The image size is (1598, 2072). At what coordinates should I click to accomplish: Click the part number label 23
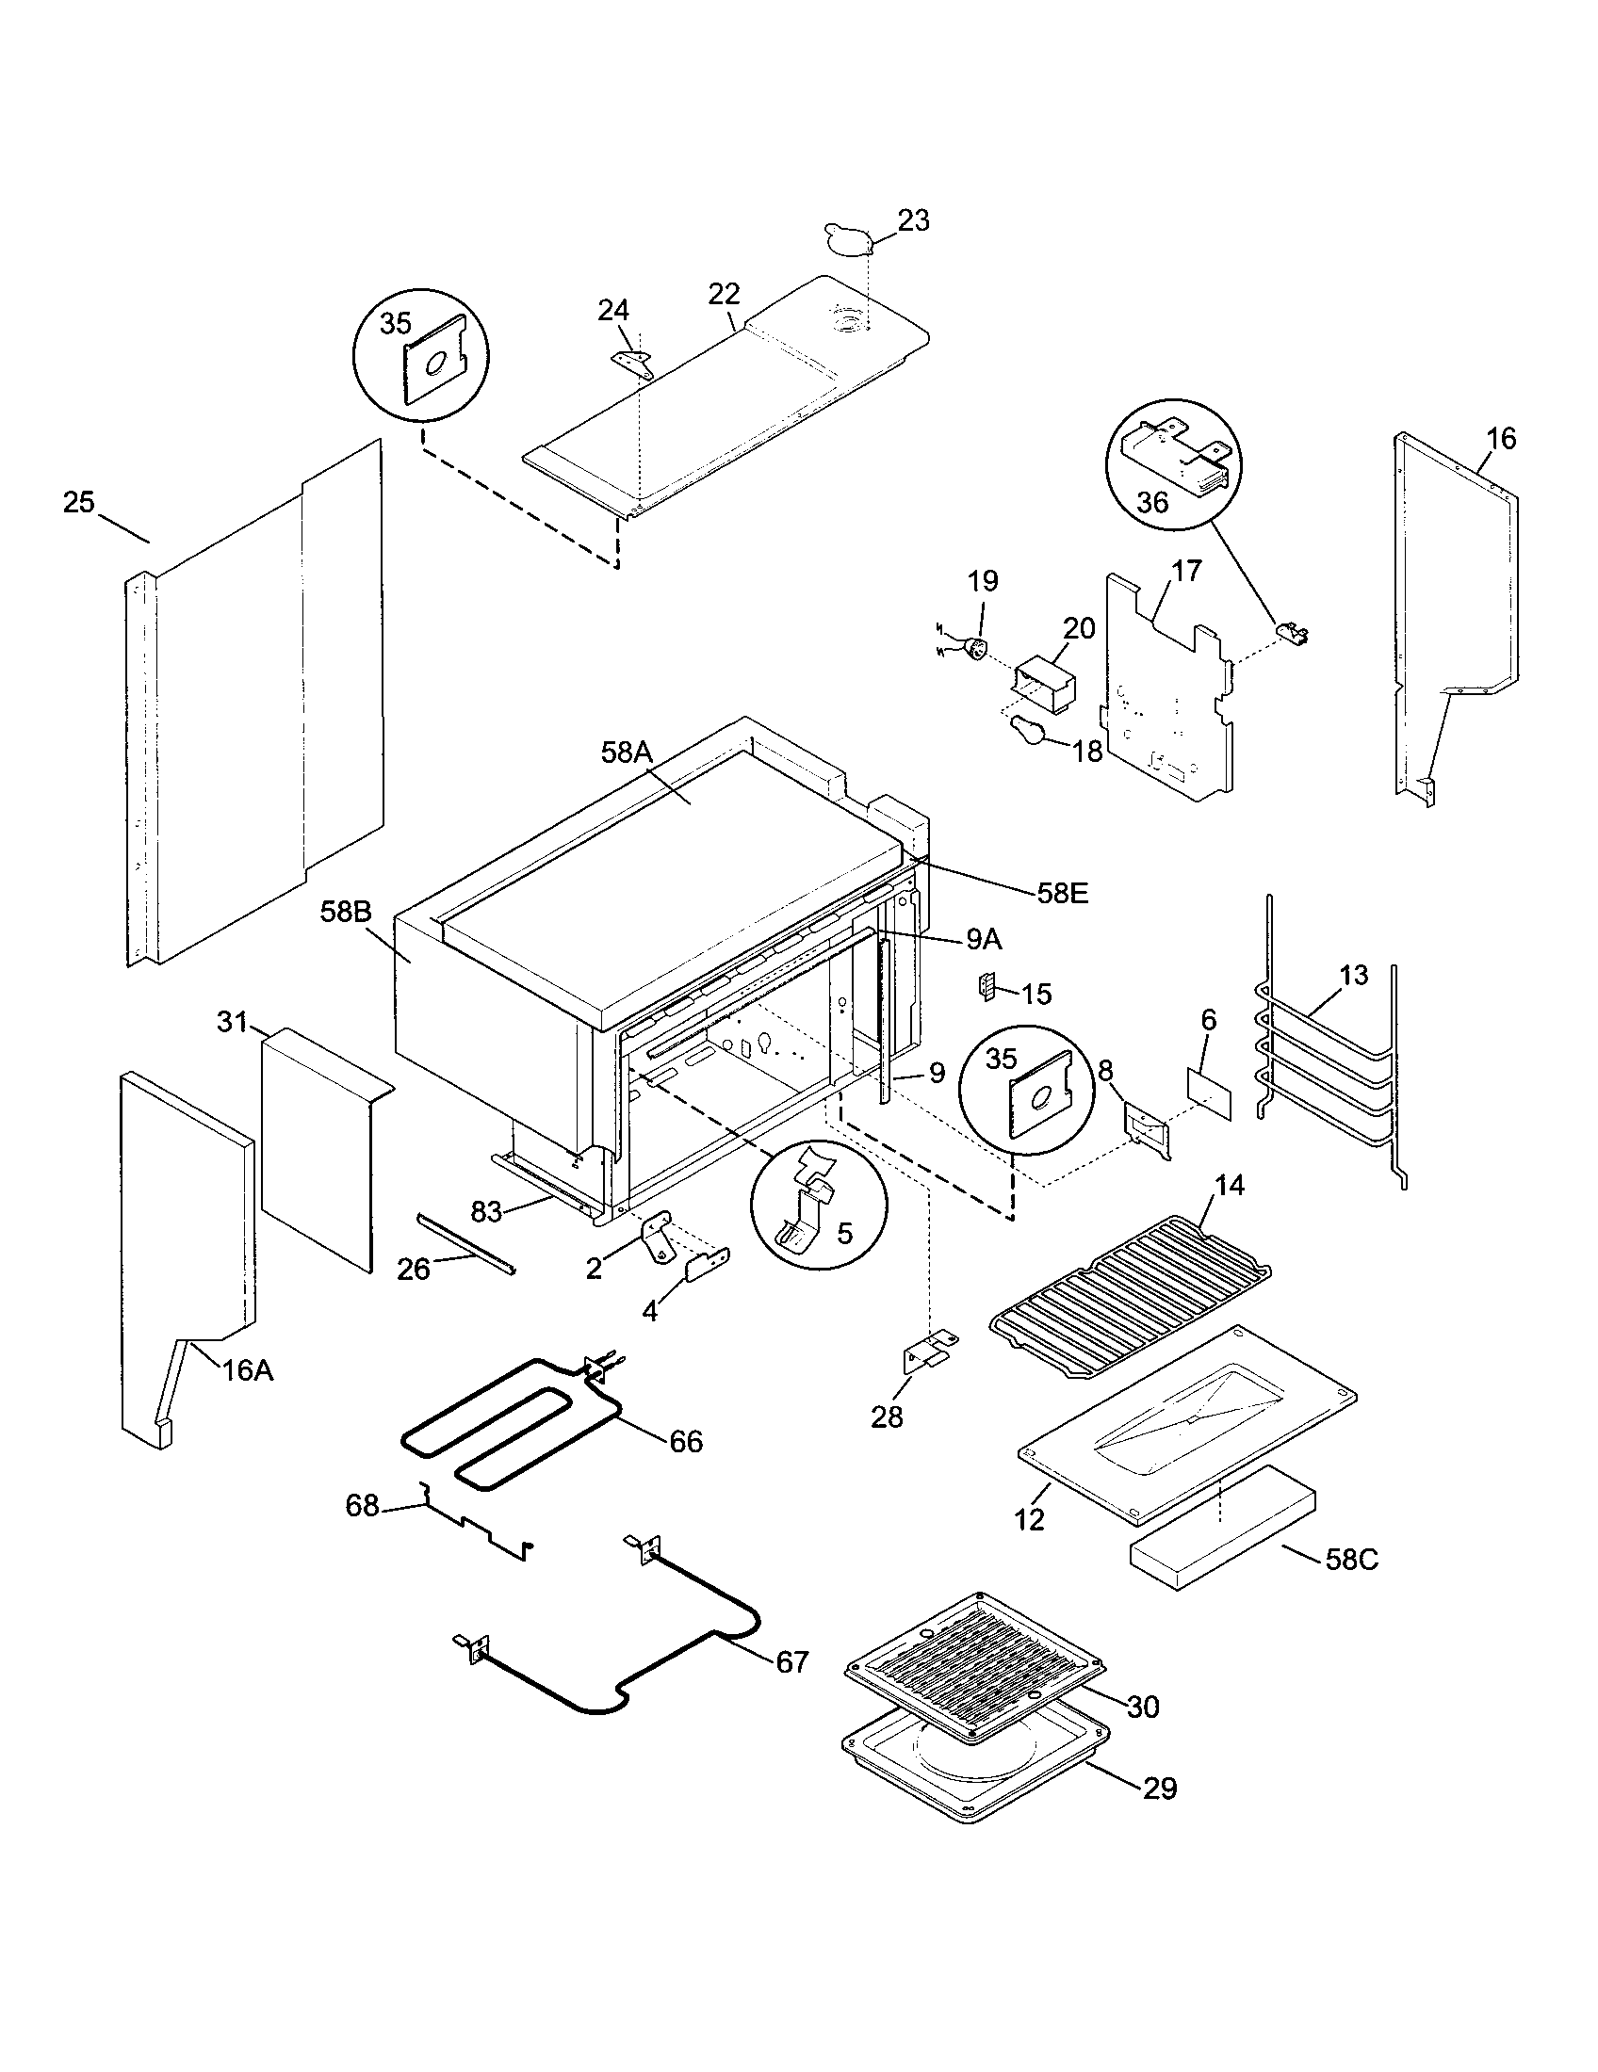[913, 221]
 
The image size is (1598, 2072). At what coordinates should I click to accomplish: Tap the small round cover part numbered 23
[847, 239]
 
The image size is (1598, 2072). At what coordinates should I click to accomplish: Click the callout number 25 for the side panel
[79, 503]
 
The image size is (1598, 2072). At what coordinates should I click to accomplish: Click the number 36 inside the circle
[1152, 502]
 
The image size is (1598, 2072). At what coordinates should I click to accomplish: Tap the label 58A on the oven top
[627, 753]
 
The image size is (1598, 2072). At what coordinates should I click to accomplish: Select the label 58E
[1062, 893]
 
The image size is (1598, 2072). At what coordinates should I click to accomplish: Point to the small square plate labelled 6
[1209, 1093]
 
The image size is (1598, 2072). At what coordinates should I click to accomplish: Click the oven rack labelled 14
[1129, 1295]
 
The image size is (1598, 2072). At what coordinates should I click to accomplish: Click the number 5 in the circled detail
[844, 1233]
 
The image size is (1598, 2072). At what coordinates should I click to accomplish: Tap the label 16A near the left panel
[248, 1371]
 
